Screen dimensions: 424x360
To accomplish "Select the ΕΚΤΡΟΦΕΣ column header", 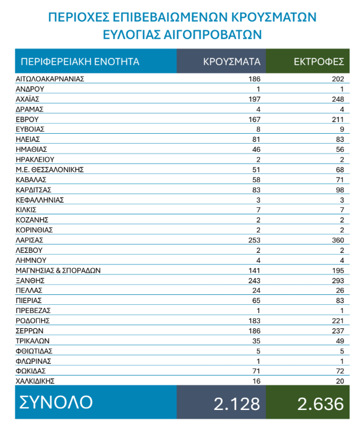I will [x=319, y=61].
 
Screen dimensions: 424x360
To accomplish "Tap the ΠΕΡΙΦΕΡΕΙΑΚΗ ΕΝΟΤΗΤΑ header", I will [x=79, y=61].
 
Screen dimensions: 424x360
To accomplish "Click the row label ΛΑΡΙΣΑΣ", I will [x=30, y=240].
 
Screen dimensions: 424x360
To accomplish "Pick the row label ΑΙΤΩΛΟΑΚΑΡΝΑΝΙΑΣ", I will [x=50, y=79].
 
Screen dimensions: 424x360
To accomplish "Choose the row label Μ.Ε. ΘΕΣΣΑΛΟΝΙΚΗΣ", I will [x=50, y=169].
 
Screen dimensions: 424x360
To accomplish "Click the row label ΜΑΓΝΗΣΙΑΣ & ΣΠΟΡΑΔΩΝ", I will [x=58, y=270].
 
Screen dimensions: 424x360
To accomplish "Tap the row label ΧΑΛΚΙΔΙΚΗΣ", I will [x=35, y=381].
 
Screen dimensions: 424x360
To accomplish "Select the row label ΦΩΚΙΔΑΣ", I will [x=31, y=371].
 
